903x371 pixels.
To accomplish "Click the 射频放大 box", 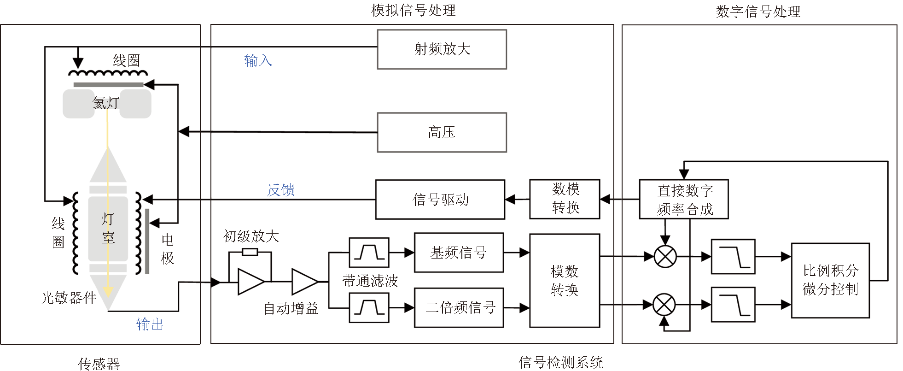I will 442,49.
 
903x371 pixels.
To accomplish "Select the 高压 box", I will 442,132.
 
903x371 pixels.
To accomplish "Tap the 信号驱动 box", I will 440,200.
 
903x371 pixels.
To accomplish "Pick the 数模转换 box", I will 565,199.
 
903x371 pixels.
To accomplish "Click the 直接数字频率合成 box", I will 684,199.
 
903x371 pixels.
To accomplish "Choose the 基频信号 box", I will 459,253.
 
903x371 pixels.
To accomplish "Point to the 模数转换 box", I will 565,281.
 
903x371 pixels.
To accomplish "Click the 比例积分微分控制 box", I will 830,280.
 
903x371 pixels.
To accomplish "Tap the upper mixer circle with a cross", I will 665,257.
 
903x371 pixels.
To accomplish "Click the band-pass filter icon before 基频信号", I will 369,253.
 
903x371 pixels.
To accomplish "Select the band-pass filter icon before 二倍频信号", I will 369,308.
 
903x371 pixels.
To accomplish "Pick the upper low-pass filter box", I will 733,257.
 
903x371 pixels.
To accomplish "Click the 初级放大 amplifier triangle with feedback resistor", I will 250,281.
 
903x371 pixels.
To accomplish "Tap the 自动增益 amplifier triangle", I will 304,282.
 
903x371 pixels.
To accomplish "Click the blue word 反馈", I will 281,190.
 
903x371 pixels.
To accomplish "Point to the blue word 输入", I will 258,60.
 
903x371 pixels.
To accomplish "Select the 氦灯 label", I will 106,103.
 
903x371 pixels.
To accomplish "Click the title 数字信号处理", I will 758,12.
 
